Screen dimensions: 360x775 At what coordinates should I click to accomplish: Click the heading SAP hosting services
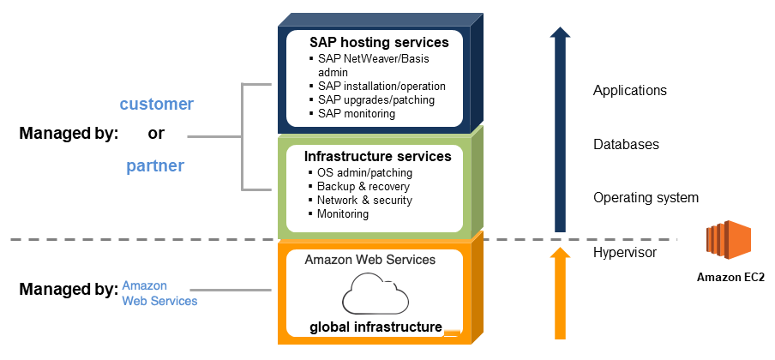379,42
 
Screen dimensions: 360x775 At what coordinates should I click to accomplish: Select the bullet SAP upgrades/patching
375,100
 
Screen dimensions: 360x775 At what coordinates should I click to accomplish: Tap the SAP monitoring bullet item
356,113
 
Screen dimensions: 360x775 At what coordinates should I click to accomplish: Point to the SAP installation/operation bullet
381,87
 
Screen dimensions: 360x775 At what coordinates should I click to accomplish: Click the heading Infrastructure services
377,157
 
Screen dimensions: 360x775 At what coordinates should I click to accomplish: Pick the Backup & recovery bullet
363,187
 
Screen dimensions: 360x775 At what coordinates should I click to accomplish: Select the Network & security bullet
364,201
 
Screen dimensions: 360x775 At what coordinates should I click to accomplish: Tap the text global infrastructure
375,327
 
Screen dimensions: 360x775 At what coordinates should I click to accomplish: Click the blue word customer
156,105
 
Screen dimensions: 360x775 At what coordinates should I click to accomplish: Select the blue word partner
155,165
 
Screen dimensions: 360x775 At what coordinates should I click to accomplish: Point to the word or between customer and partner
156,134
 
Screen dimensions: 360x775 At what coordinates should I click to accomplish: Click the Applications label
629,90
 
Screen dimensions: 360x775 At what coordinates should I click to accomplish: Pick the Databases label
626,144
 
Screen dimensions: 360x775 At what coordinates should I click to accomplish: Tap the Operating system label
646,198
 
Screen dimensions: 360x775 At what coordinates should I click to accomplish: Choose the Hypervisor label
625,252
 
